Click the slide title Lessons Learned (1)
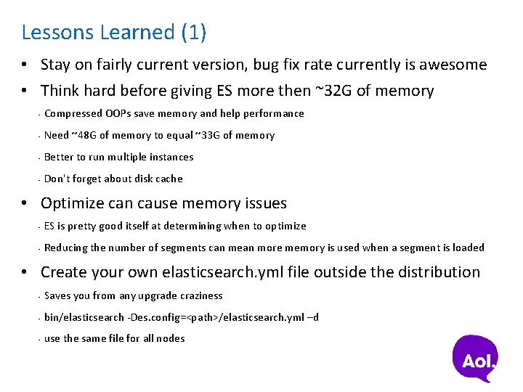[114, 33]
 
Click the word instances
[171, 157]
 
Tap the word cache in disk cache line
[169, 179]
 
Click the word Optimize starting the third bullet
[73, 203]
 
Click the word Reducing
[66, 248]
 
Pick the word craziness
[198, 295]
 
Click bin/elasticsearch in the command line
[84, 317]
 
